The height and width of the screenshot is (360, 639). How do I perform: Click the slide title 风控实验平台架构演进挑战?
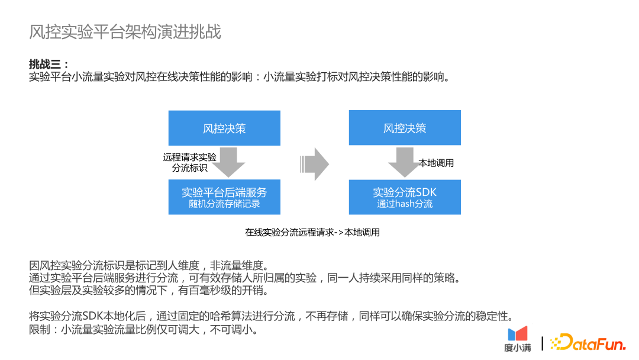tap(125, 32)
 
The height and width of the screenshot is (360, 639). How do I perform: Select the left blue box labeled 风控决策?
tap(224, 128)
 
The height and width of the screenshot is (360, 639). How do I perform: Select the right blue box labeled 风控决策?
tap(405, 128)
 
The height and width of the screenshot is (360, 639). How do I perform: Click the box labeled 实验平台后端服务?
tap(224, 197)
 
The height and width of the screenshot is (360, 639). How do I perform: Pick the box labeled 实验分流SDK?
tap(405, 197)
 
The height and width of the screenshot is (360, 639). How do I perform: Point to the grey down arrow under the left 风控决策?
tap(228, 162)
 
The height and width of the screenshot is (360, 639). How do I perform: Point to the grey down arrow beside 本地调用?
tap(404, 162)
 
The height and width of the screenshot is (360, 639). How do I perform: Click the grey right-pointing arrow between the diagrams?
tap(315, 164)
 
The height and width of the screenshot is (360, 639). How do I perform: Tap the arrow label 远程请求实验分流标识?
tap(190, 162)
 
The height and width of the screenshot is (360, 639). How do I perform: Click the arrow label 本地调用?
tap(436, 163)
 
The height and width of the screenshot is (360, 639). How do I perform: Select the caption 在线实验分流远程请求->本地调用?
tap(312, 232)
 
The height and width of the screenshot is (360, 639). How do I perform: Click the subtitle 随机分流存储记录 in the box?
tap(224, 204)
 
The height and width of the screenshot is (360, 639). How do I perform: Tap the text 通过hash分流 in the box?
tap(405, 204)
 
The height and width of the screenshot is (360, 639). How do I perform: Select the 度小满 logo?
tap(518, 339)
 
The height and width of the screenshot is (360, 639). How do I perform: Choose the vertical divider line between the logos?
tap(543, 342)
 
